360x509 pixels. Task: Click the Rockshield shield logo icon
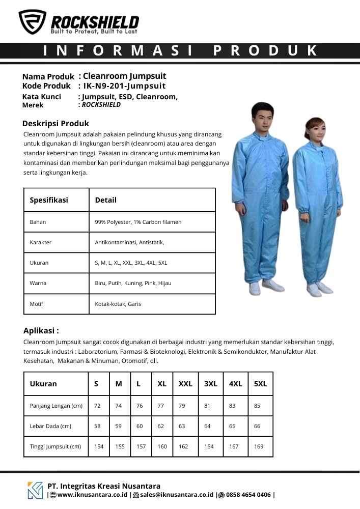[32, 22]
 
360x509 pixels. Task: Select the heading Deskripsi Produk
[56, 123]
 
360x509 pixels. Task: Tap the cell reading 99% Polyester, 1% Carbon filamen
[138, 222]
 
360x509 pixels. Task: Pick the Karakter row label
[41, 242]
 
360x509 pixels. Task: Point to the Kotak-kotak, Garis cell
[118, 304]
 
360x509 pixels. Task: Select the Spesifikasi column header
[49, 200]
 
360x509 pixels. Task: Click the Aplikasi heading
[41, 330]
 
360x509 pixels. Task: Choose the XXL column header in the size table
[185, 384]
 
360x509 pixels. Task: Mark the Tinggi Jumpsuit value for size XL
[162, 446]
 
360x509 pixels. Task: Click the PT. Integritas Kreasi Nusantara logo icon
[35, 490]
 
